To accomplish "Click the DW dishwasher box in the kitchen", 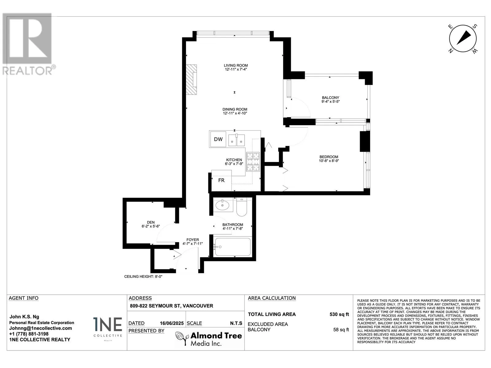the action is (218, 139).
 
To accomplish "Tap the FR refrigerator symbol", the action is (222, 180).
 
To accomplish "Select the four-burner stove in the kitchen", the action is (253, 162).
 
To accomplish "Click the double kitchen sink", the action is (236, 140).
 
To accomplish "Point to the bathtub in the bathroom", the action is (233, 247).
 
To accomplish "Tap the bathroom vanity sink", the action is (222, 205).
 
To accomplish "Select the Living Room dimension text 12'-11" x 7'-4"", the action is (236, 70).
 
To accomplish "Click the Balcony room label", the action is (331, 98).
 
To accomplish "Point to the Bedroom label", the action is (329, 157).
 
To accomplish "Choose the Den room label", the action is (151, 222).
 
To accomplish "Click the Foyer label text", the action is (193, 240).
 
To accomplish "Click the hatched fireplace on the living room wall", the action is (191, 79).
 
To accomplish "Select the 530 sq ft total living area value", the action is (339, 314).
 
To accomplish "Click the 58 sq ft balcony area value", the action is (341, 330).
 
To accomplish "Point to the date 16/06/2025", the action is (172, 323).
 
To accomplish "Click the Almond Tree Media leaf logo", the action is (182, 338).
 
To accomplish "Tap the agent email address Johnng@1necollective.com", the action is (41, 328).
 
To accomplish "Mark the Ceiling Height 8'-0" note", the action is (143, 277).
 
